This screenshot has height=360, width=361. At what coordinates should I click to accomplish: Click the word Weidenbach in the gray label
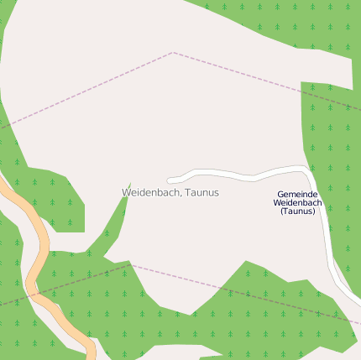151,192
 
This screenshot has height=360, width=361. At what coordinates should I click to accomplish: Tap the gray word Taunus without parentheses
202,192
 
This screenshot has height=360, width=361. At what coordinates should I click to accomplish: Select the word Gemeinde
297,194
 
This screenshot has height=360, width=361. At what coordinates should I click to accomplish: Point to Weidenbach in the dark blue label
297,202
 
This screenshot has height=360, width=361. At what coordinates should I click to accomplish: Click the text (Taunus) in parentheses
297,211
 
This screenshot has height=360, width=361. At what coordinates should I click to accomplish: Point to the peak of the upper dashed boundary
173,53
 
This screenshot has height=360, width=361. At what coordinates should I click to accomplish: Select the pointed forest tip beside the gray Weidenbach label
130,184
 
